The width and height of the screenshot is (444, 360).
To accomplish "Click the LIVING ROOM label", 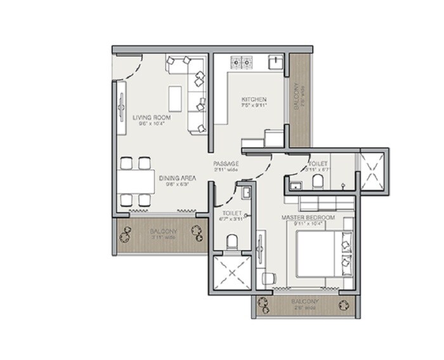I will click(148, 118).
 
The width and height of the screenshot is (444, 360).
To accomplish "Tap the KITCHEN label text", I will click(254, 100).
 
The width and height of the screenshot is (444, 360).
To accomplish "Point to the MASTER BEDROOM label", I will click(308, 218).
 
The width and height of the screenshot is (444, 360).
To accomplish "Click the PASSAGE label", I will click(226, 163).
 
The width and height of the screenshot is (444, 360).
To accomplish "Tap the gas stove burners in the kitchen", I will click(242, 62).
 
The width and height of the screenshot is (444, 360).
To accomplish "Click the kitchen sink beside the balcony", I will click(275, 62).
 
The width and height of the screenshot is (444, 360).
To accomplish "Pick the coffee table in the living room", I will click(175, 97).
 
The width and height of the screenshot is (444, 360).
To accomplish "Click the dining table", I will click(136, 182).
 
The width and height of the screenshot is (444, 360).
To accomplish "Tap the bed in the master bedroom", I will click(320, 253).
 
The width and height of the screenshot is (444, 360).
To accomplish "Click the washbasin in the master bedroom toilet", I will click(294, 185).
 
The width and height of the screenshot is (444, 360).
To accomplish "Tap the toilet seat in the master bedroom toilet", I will click(318, 183).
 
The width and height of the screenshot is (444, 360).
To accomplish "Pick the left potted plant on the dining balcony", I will click(126, 234).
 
